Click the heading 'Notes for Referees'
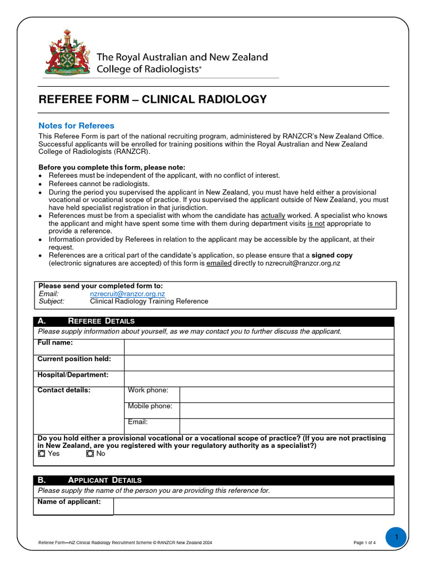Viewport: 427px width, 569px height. [76, 126]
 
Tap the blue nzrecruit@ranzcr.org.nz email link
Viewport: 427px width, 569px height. [127, 293]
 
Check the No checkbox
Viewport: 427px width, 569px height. [90, 453]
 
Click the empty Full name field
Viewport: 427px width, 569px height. [259, 347]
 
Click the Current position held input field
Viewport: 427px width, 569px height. [259, 363]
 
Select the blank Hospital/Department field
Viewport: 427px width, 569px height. [259, 378]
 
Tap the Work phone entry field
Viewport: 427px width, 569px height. [286, 395]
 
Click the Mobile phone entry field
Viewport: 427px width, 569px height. [286, 410]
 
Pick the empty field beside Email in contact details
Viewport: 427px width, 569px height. [286, 426]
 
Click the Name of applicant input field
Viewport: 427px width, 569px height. [253, 506]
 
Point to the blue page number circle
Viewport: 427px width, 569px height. [396, 537]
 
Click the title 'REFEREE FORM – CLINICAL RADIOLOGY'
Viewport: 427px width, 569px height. [152, 99]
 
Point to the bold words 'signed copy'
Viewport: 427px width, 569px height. [331, 255]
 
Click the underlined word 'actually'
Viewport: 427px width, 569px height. [272, 215]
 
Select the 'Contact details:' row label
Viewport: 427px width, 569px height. [64, 390]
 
